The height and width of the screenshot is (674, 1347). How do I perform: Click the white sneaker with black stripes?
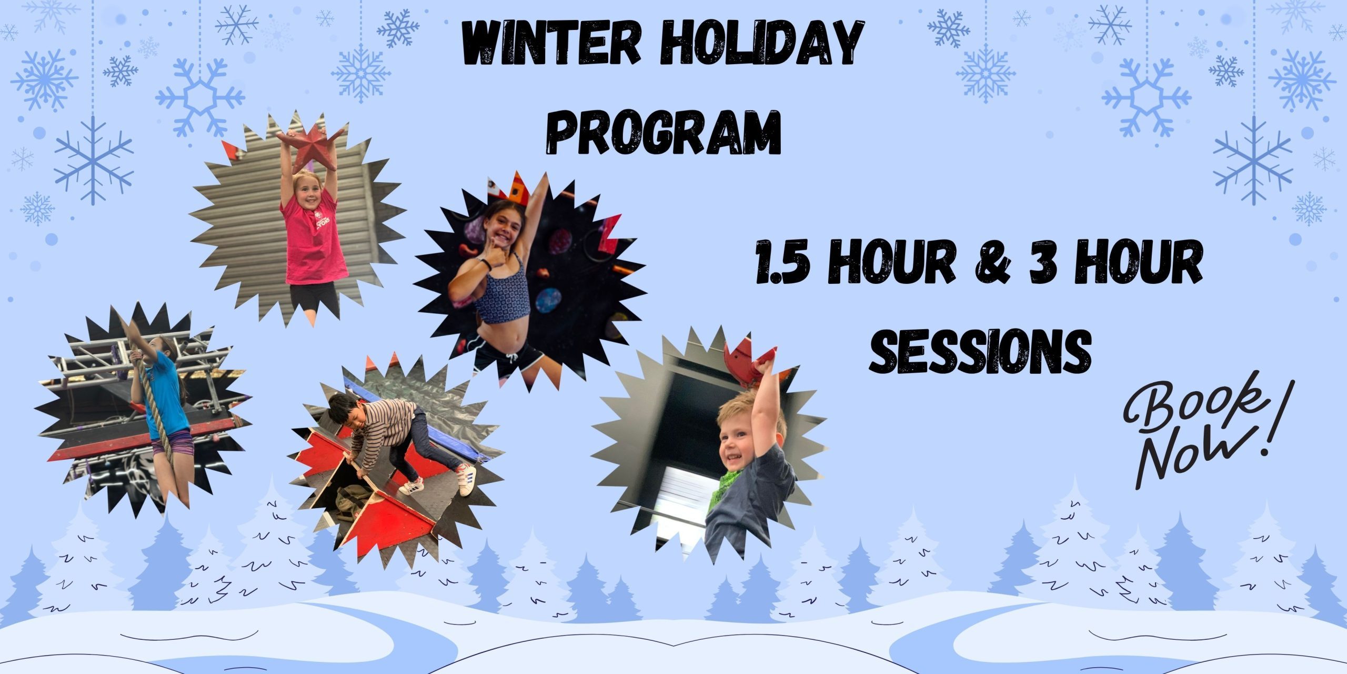[467, 480]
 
